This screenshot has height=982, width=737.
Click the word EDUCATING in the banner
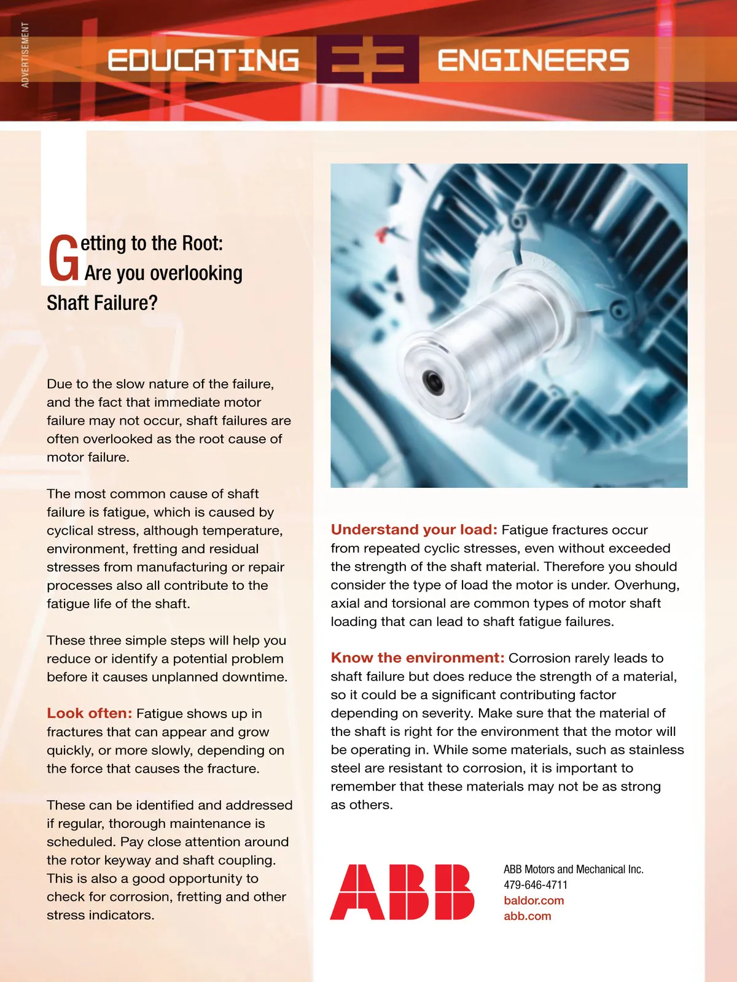coord(203,60)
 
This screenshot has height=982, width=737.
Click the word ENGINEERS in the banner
coord(533,60)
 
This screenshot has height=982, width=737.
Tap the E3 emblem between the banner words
coord(368,60)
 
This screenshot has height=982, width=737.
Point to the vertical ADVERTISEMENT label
coord(25,55)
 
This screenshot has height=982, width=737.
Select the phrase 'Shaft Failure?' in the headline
coord(102,303)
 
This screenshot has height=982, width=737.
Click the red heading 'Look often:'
coord(90,713)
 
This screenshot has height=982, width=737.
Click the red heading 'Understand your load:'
coord(414,530)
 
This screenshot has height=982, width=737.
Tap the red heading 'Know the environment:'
coord(418,658)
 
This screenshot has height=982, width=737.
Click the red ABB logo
coord(402,892)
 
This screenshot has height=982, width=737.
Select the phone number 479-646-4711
coord(536,885)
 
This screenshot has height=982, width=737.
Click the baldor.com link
coord(534,900)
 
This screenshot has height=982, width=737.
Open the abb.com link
coord(528,916)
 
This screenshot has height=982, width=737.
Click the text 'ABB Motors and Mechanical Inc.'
coord(574,869)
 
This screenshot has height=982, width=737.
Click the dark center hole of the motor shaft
coord(434,382)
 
